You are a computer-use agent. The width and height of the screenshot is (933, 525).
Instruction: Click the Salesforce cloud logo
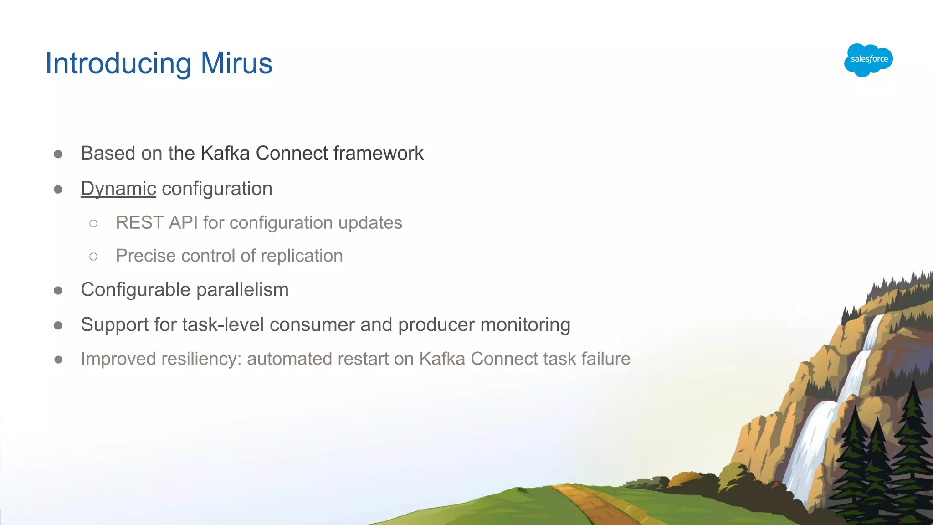(868, 60)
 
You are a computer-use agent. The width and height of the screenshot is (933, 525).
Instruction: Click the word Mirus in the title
(236, 63)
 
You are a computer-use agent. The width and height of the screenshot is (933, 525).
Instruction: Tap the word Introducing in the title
(118, 63)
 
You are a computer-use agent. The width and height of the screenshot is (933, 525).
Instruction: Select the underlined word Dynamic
(118, 189)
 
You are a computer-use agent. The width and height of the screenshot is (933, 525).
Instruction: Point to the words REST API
(156, 223)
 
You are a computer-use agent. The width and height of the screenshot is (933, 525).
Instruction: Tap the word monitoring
(525, 325)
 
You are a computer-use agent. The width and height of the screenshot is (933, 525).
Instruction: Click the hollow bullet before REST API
(93, 223)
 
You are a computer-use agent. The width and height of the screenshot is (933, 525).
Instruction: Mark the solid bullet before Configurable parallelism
(58, 291)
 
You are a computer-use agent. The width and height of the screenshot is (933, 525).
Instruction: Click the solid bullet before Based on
(58, 154)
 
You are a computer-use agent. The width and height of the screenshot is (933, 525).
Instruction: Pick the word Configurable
(135, 290)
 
